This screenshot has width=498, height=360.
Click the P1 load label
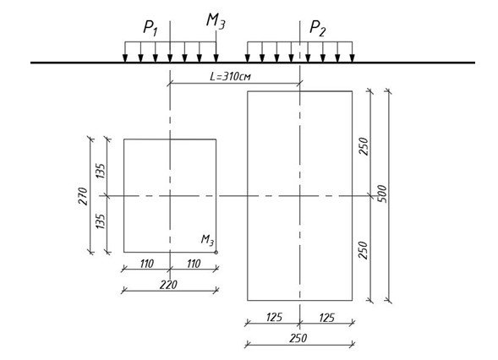[150, 28]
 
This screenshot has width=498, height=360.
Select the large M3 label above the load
[216, 22]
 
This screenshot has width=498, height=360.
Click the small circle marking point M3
[216, 253]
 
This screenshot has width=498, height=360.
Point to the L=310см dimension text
[230, 77]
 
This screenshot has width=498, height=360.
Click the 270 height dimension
[83, 197]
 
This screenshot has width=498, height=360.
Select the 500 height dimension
[382, 194]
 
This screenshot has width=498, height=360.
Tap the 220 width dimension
[168, 285]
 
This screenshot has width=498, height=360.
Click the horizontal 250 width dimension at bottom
[298, 338]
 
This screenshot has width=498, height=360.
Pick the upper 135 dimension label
[101, 171]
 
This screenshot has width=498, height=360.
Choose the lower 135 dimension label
[101, 221]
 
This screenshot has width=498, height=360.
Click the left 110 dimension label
[147, 264]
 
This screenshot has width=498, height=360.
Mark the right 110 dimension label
[194, 264]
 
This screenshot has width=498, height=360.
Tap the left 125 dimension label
[274, 318]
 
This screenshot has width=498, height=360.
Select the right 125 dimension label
[327, 318]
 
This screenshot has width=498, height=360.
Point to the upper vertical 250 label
[364, 146]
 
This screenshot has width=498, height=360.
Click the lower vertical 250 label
[364, 250]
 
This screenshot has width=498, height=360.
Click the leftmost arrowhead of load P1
[125, 58]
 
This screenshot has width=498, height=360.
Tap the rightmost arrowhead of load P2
[352, 58]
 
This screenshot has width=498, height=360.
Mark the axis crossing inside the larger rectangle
[300, 196]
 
